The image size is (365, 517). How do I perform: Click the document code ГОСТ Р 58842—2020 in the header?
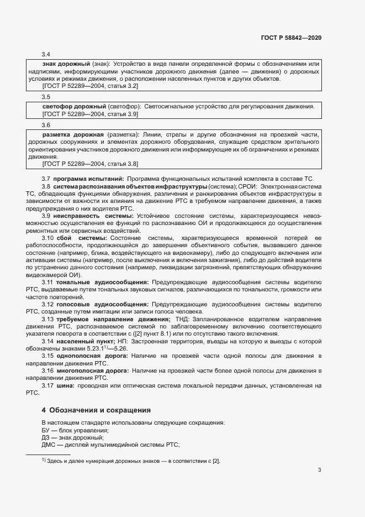point(291,38)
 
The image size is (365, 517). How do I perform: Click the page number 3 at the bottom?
point(319,470)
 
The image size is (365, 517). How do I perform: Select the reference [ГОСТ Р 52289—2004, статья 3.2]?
point(90,86)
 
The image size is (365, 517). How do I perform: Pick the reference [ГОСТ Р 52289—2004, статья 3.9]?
point(90,114)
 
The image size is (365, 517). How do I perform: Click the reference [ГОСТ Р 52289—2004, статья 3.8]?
point(90,164)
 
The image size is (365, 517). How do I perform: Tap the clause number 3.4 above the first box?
point(46,54)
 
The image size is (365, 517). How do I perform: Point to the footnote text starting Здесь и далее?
point(133,461)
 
